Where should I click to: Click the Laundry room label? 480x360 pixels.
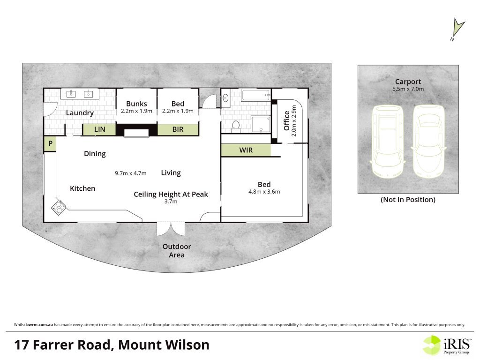pyautogui.click(x=80, y=113)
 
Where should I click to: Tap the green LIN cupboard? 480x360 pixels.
pyautogui.click(x=99, y=129)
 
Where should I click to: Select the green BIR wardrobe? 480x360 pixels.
pyautogui.click(x=178, y=129)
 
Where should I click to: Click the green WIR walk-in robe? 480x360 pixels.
pyautogui.click(x=246, y=150)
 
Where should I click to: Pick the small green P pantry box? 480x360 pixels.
pyautogui.click(x=50, y=143)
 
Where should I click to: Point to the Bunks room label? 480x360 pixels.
pyautogui.click(x=136, y=104)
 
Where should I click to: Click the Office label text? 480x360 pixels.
pyautogui.click(x=286, y=120)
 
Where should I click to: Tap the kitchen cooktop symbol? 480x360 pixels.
pyautogui.click(x=59, y=207)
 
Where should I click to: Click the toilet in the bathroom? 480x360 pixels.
pyautogui.click(x=236, y=127)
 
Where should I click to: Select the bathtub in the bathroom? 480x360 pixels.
pyautogui.click(x=256, y=95)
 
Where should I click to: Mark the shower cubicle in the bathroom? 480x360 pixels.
pyautogui.click(x=261, y=124)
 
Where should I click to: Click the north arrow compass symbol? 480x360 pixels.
pyautogui.click(x=457, y=29)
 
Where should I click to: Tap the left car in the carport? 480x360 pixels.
pyautogui.click(x=387, y=141)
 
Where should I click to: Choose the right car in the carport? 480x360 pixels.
pyautogui.click(x=428, y=141)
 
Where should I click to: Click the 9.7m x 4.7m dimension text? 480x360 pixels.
pyautogui.click(x=131, y=173)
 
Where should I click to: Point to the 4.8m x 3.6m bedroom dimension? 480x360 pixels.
pyautogui.click(x=264, y=192)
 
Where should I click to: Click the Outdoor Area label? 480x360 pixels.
pyautogui.click(x=177, y=251)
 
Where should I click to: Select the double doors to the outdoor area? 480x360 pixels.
pyautogui.click(x=171, y=229)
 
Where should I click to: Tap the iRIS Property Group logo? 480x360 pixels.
pyautogui.click(x=447, y=345)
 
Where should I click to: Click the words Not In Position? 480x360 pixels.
pyautogui.click(x=408, y=200)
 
